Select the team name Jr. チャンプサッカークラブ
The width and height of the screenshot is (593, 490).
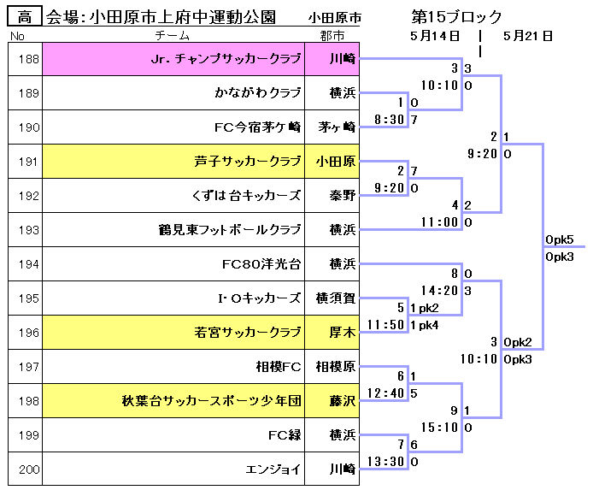pyautogui.click(x=226, y=59)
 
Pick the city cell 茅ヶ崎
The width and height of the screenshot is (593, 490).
pyautogui.click(x=337, y=127)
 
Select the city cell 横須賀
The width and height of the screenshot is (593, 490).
pyautogui.click(x=336, y=298)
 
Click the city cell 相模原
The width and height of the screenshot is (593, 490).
pyautogui.click(x=336, y=367)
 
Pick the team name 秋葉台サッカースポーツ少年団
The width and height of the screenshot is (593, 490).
pyautogui.click(x=212, y=401)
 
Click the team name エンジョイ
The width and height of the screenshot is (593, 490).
pyautogui.click(x=273, y=469)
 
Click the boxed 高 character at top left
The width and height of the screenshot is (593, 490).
pyautogui.click(x=25, y=17)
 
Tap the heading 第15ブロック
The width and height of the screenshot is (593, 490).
pyautogui.click(x=456, y=17)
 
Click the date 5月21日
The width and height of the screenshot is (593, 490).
pyautogui.click(x=528, y=36)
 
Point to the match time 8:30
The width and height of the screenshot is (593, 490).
pyautogui.click(x=390, y=120)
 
